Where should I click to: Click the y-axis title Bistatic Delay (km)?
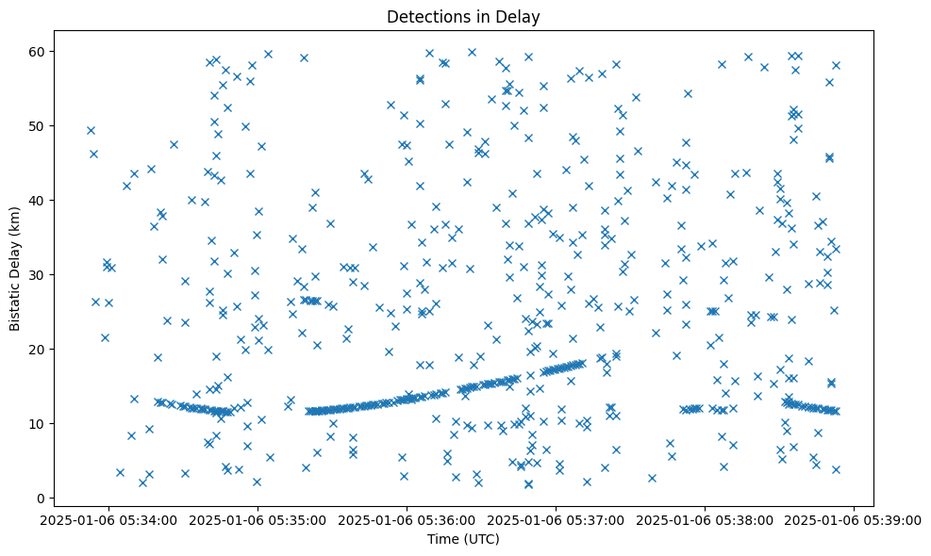pyautogui.click(x=15, y=269)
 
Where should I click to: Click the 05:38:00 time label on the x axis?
pyautogui.click(x=706, y=519)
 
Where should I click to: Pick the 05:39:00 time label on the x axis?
pyautogui.click(x=855, y=519)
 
